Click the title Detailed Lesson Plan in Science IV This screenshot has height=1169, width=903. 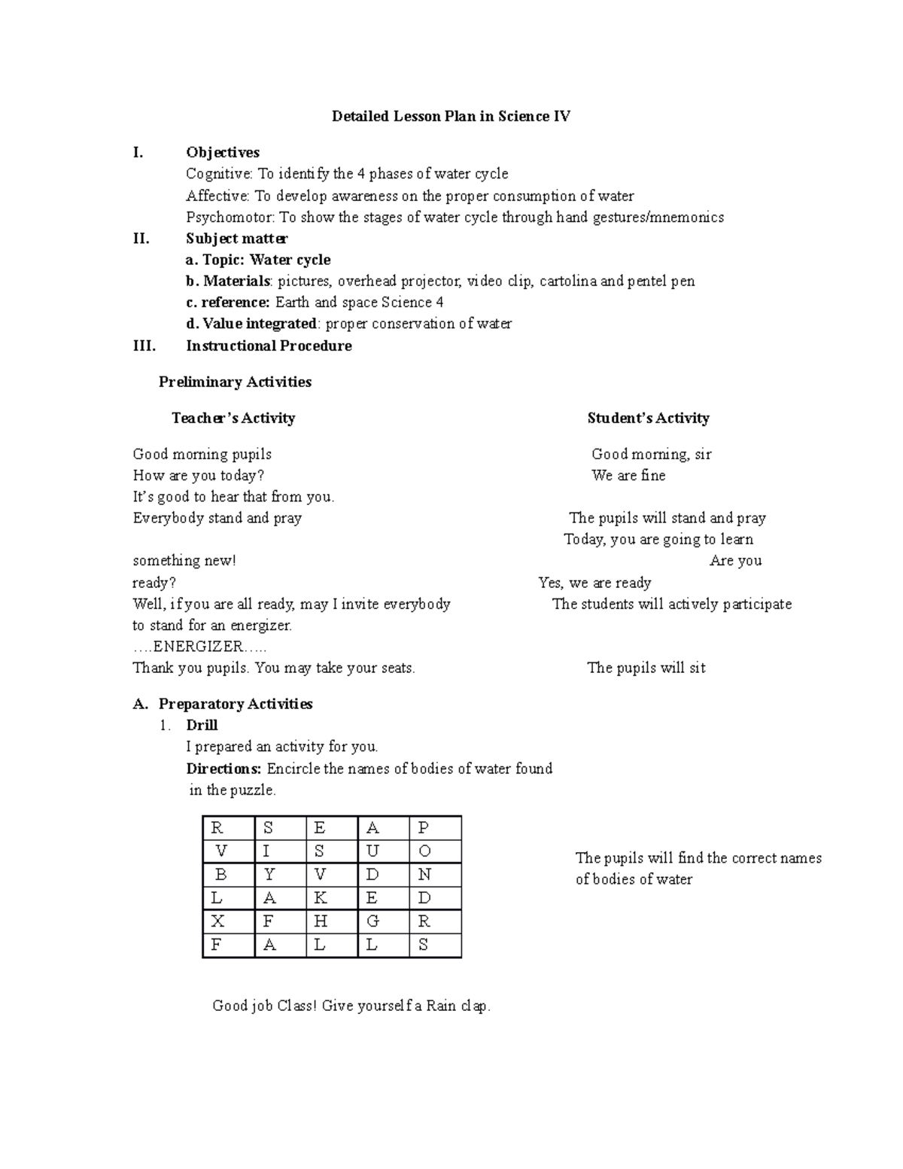(451, 117)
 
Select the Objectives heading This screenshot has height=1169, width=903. (223, 153)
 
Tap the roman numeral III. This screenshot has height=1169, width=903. (144, 346)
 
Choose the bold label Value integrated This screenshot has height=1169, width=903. (258, 324)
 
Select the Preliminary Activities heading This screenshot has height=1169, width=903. (235, 382)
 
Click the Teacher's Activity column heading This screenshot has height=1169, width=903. (233, 419)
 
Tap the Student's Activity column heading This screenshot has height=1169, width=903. (648, 419)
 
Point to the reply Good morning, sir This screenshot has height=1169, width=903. (651, 455)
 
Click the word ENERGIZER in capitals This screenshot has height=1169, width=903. (198, 647)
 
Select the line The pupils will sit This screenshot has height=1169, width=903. (646, 668)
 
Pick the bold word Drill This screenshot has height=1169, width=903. (202, 726)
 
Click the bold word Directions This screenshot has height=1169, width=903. (223, 769)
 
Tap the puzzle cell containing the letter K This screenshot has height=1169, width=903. (332, 898)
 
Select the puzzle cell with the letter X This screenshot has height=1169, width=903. (228, 921)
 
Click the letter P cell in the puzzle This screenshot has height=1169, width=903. (435, 828)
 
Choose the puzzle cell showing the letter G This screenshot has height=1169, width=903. (383, 921)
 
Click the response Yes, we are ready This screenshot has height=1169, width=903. (594, 583)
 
